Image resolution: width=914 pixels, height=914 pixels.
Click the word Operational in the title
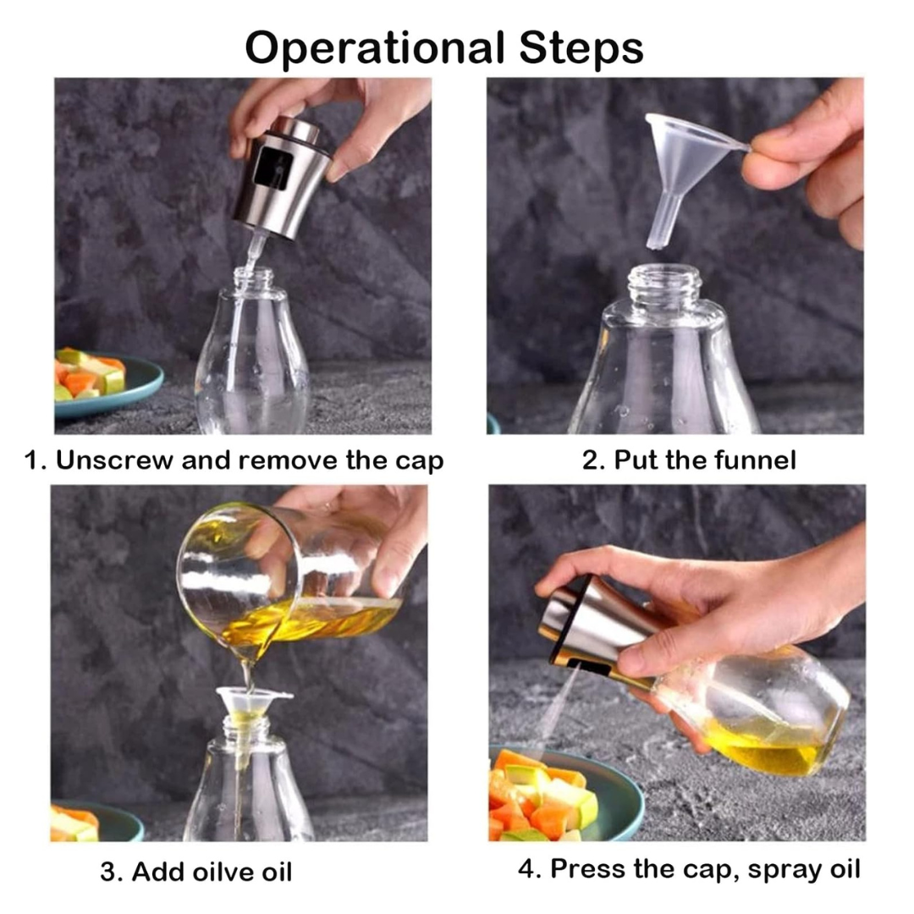tap(375, 48)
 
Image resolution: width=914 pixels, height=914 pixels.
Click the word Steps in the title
tap(581, 48)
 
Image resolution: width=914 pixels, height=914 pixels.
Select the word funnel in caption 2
tap(756, 460)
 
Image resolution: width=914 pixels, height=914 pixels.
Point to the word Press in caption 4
tap(589, 868)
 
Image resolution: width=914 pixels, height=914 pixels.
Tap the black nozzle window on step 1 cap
tap(273, 168)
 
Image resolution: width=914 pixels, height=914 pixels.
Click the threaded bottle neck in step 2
tap(665, 284)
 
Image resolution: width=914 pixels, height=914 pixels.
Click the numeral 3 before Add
tap(107, 872)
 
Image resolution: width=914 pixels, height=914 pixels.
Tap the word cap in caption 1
tap(420, 462)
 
